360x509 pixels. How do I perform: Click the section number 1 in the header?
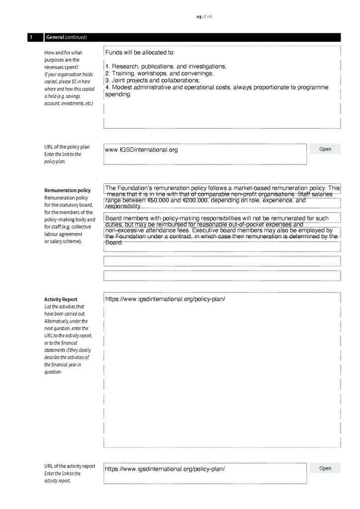pyautogui.click(x=31, y=37)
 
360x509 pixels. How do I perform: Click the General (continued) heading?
pyautogui.click(x=66, y=37)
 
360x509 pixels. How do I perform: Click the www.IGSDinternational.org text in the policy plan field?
pyautogui.click(x=141, y=150)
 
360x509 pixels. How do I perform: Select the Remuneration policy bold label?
pyautogui.click(x=68, y=190)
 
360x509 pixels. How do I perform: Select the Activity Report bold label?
pyautogui.click(x=61, y=299)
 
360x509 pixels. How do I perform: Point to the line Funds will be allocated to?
pyautogui.click(x=140, y=52)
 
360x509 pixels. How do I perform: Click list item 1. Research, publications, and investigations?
pyautogui.click(x=166, y=67)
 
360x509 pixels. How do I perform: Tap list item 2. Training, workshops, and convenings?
pyautogui.click(x=159, y=74)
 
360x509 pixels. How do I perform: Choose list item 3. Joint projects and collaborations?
pyautogui.click(x=152, y=81)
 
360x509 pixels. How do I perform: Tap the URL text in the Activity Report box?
pyautogui.click(x=165, y=299)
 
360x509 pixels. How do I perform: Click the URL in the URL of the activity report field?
pyautogui.click(x=165, y=469)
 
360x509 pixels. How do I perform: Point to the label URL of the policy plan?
pyautogui.click(x=67, y=147)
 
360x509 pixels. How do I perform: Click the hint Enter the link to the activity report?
pyautogui.click(x=62, y=477)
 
